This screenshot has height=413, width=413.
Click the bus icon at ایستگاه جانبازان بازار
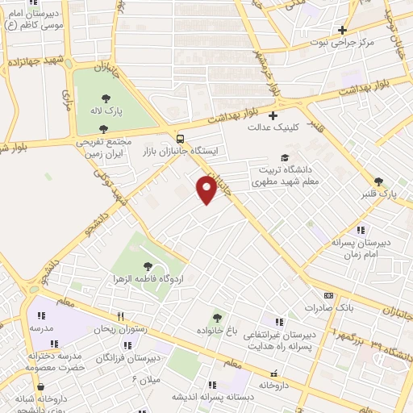[x=180, y=137]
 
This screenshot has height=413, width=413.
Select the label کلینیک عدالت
[x=273, y=127]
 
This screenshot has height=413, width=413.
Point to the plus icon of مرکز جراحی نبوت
[x=342, y=30]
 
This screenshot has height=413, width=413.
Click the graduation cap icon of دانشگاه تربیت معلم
[x=283, y=158]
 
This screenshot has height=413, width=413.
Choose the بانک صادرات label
[x=330, y=308]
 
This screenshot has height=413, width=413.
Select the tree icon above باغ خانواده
[x=216, y=319]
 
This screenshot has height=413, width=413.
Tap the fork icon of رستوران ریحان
[x=121, y=317]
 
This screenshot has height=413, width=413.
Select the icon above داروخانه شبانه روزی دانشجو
[x=40, y=387]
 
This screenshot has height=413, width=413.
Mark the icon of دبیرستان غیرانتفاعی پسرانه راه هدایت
[x=279, y=322]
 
